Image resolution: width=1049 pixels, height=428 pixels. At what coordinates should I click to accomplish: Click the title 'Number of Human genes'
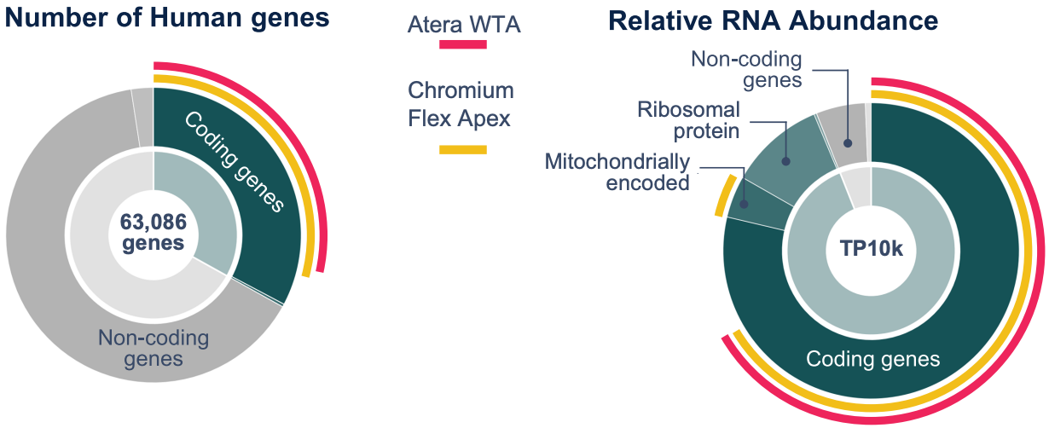tap(167, 18)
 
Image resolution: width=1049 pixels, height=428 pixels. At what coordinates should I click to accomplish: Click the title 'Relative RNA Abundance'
tap(774, 21)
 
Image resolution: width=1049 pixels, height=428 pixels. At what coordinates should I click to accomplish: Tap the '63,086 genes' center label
tap(154, 232)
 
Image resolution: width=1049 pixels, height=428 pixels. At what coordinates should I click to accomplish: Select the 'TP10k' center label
tap(871, 248)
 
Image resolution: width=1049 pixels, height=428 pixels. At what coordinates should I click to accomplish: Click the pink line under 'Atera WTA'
tap(462, 44)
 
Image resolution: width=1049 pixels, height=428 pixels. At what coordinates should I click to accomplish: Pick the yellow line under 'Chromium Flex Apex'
tap(462, 150)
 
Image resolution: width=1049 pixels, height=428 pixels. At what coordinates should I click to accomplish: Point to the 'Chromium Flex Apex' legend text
tap(461, 103)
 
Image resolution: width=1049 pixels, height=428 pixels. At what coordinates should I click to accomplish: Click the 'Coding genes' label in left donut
tap(233, 162)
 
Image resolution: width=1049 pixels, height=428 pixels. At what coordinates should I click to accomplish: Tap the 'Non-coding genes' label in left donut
tap(154, 348)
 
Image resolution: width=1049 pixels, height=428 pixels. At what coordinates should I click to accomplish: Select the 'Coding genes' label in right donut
tap(872, 358)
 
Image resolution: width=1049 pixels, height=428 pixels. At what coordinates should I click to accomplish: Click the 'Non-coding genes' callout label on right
tap(746, 70)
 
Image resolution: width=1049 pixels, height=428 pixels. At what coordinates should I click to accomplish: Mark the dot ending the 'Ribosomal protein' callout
tap(786, 159)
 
